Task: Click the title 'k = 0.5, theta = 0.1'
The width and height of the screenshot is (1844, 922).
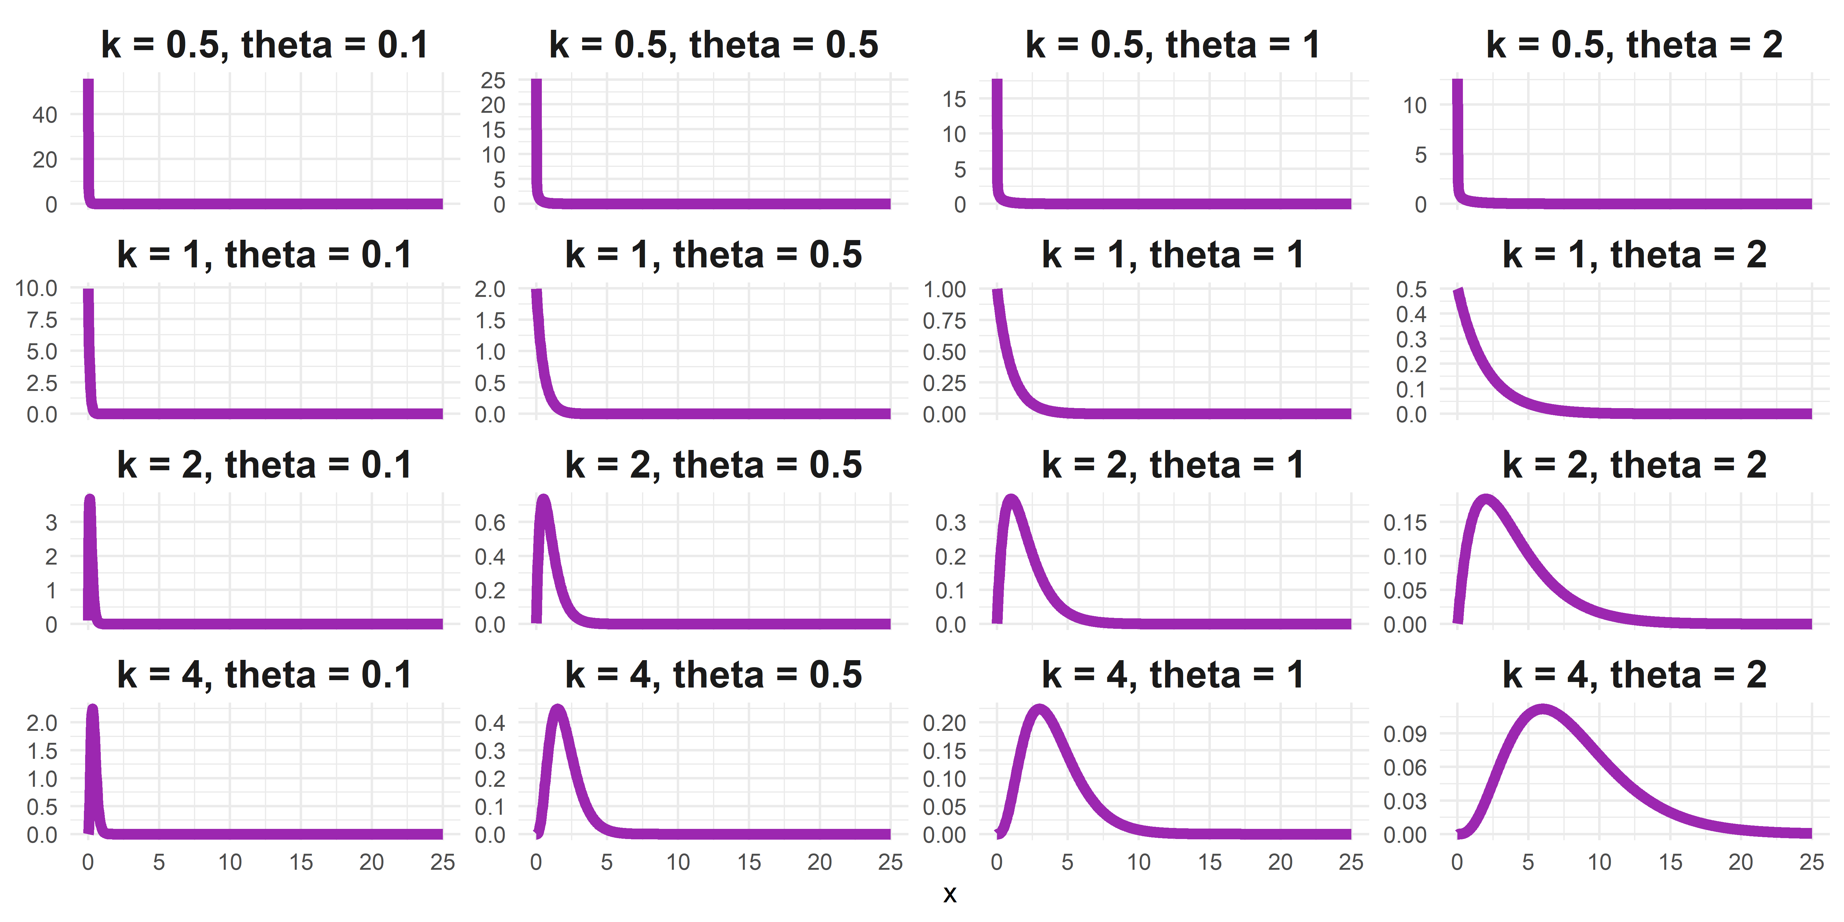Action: pyautogui.click(x=265, y=45)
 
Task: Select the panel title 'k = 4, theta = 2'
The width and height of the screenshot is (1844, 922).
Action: pyautogui.click(x=1634, y=675)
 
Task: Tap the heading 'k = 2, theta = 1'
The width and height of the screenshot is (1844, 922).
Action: pyautogui.click(x=1172, y=465)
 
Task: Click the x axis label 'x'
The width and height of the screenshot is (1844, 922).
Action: pyautogui.click(x=949, y=894)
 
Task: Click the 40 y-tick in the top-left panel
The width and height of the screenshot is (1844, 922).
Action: pyautogui.click(x=44, y=115)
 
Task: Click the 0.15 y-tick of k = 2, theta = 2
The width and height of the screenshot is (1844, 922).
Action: pyautogui.click(x=1405, y=522)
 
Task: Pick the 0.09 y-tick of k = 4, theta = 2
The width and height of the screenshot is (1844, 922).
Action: pyautogui.click(x=1405, y=734)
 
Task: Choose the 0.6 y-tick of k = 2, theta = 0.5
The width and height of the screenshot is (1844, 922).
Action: pyautogui.click(x=490, y=522)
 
